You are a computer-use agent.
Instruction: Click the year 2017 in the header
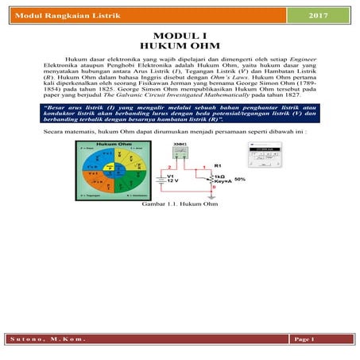tap(317, 16)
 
